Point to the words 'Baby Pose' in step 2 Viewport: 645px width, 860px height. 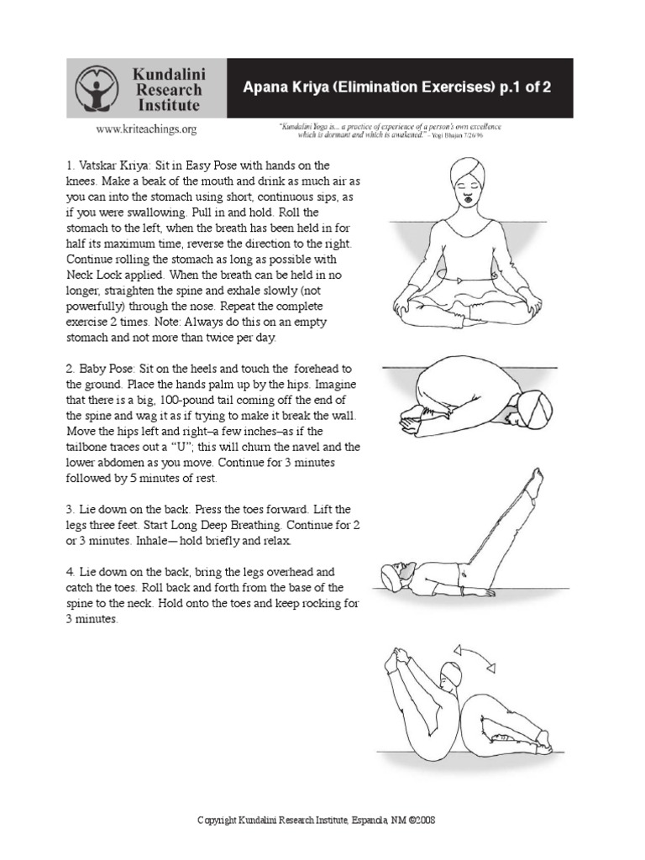[107, 369]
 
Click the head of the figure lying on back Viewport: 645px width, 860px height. [394, 576]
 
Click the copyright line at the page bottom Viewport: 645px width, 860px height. [315, 820]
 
